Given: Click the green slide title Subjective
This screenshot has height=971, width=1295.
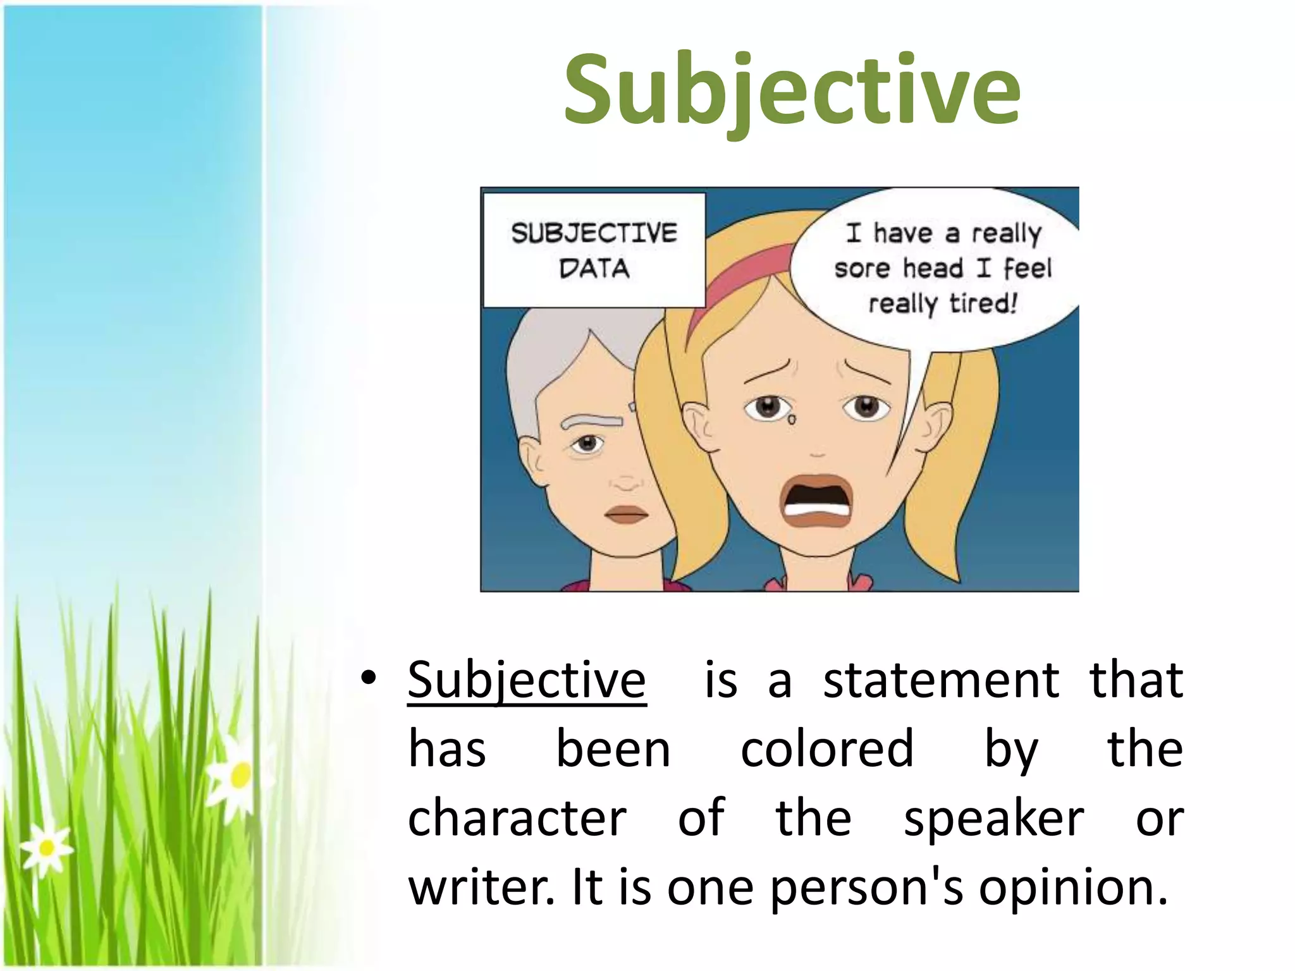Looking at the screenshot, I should point(792,90).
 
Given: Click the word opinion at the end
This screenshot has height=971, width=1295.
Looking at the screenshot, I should point(1072,888).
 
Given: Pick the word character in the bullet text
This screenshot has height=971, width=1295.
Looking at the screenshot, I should point(517,819).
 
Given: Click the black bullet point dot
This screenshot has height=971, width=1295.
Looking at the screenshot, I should point(369,678).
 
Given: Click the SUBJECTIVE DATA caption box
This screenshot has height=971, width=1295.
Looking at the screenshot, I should point(594,250).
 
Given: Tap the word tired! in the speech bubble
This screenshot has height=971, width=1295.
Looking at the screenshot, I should point(983,303).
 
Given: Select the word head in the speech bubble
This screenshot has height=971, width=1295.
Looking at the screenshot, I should point(933,268).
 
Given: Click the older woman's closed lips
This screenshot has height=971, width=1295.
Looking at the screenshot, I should point(626,514).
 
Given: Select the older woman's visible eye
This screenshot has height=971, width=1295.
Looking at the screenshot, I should point(588,444).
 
